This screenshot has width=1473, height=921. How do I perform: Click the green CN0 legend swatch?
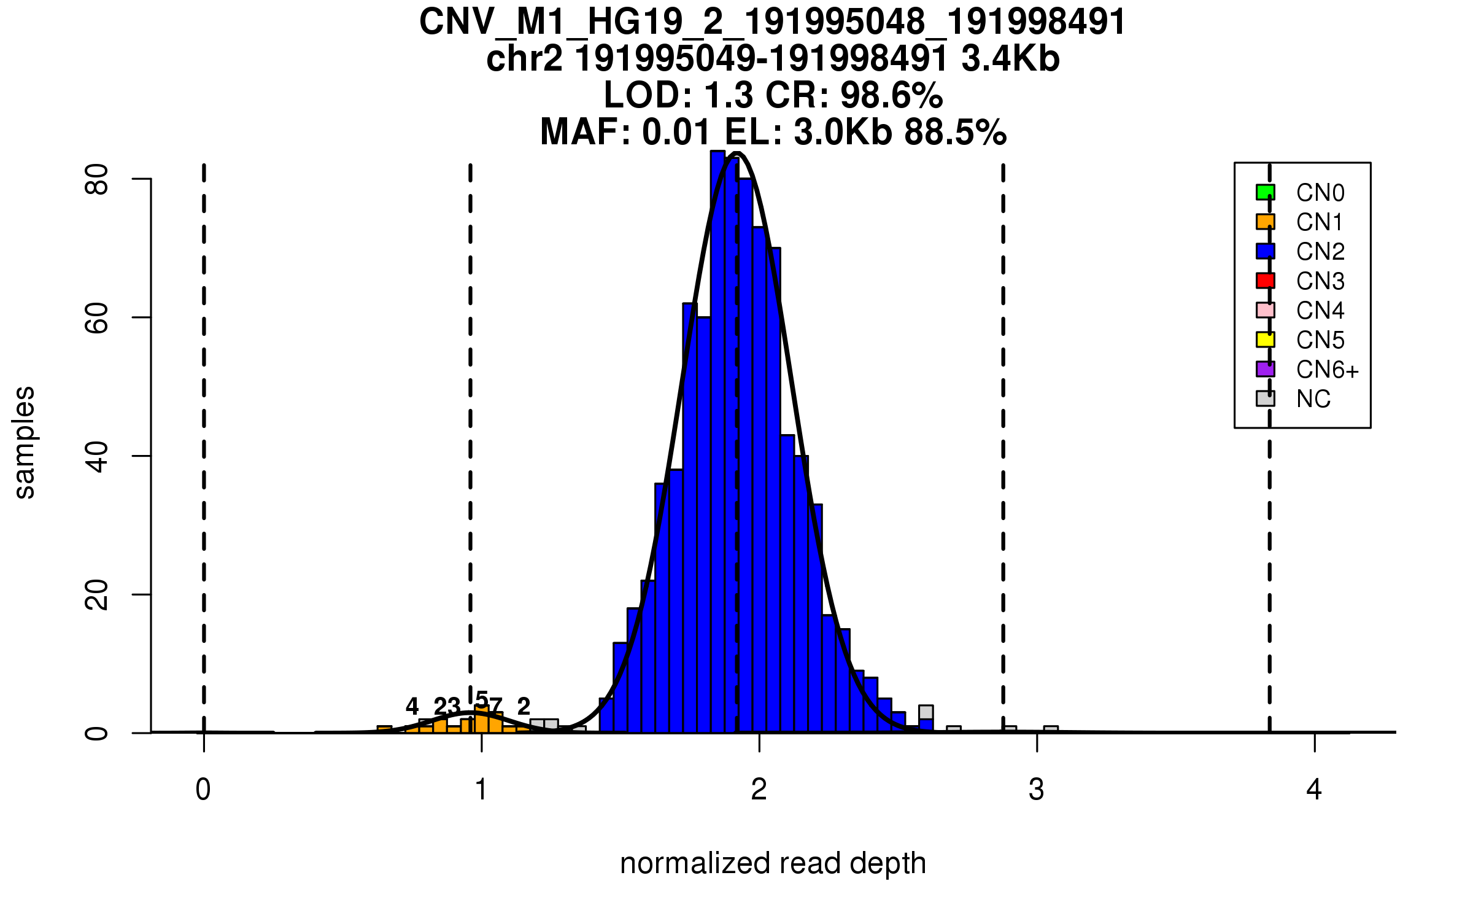(1265, 192)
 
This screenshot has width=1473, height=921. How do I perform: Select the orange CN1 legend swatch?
(1265, 222)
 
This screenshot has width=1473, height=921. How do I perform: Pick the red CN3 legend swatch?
(1265, 281)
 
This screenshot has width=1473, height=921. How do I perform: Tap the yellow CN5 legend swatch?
(1265, 340)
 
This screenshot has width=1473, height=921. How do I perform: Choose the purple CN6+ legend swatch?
(1265, 369)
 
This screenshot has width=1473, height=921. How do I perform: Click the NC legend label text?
(1313, 399)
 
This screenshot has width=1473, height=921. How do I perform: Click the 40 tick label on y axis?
(96, 456)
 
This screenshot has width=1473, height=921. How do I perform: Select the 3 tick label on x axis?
(1036, 790)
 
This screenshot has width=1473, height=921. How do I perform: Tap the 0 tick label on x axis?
(203, 790)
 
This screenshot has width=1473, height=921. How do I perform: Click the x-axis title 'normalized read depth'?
(773, 863)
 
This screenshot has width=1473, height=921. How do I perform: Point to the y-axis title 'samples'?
(25, 442)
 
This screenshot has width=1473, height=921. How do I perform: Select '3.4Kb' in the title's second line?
(1010, 59)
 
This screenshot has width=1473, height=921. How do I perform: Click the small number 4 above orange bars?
(412, 706)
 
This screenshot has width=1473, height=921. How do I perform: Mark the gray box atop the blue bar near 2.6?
(926, 712)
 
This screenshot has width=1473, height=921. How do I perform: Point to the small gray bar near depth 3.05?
(1051, 729)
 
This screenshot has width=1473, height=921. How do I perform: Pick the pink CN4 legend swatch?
(1265, 310)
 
